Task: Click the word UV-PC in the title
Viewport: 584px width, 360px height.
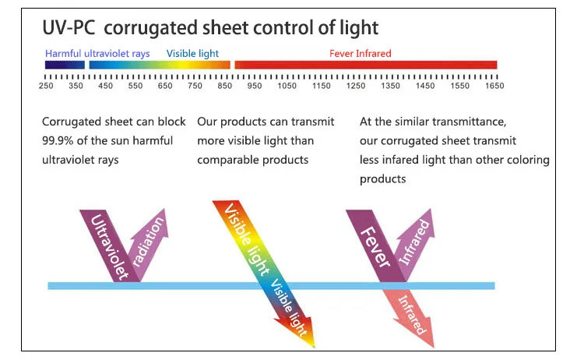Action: tap(69, 29)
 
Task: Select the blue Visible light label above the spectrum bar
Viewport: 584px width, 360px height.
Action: tap(192, 54)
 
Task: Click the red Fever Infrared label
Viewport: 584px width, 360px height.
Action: tap(360, 54)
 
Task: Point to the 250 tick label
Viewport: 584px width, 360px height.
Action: tap(46, 86)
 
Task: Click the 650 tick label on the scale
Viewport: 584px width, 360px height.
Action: tap(165, 86)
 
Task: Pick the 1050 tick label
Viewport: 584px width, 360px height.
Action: tap(287, 86)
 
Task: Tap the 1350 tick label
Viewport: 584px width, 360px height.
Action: tap(391, 86)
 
